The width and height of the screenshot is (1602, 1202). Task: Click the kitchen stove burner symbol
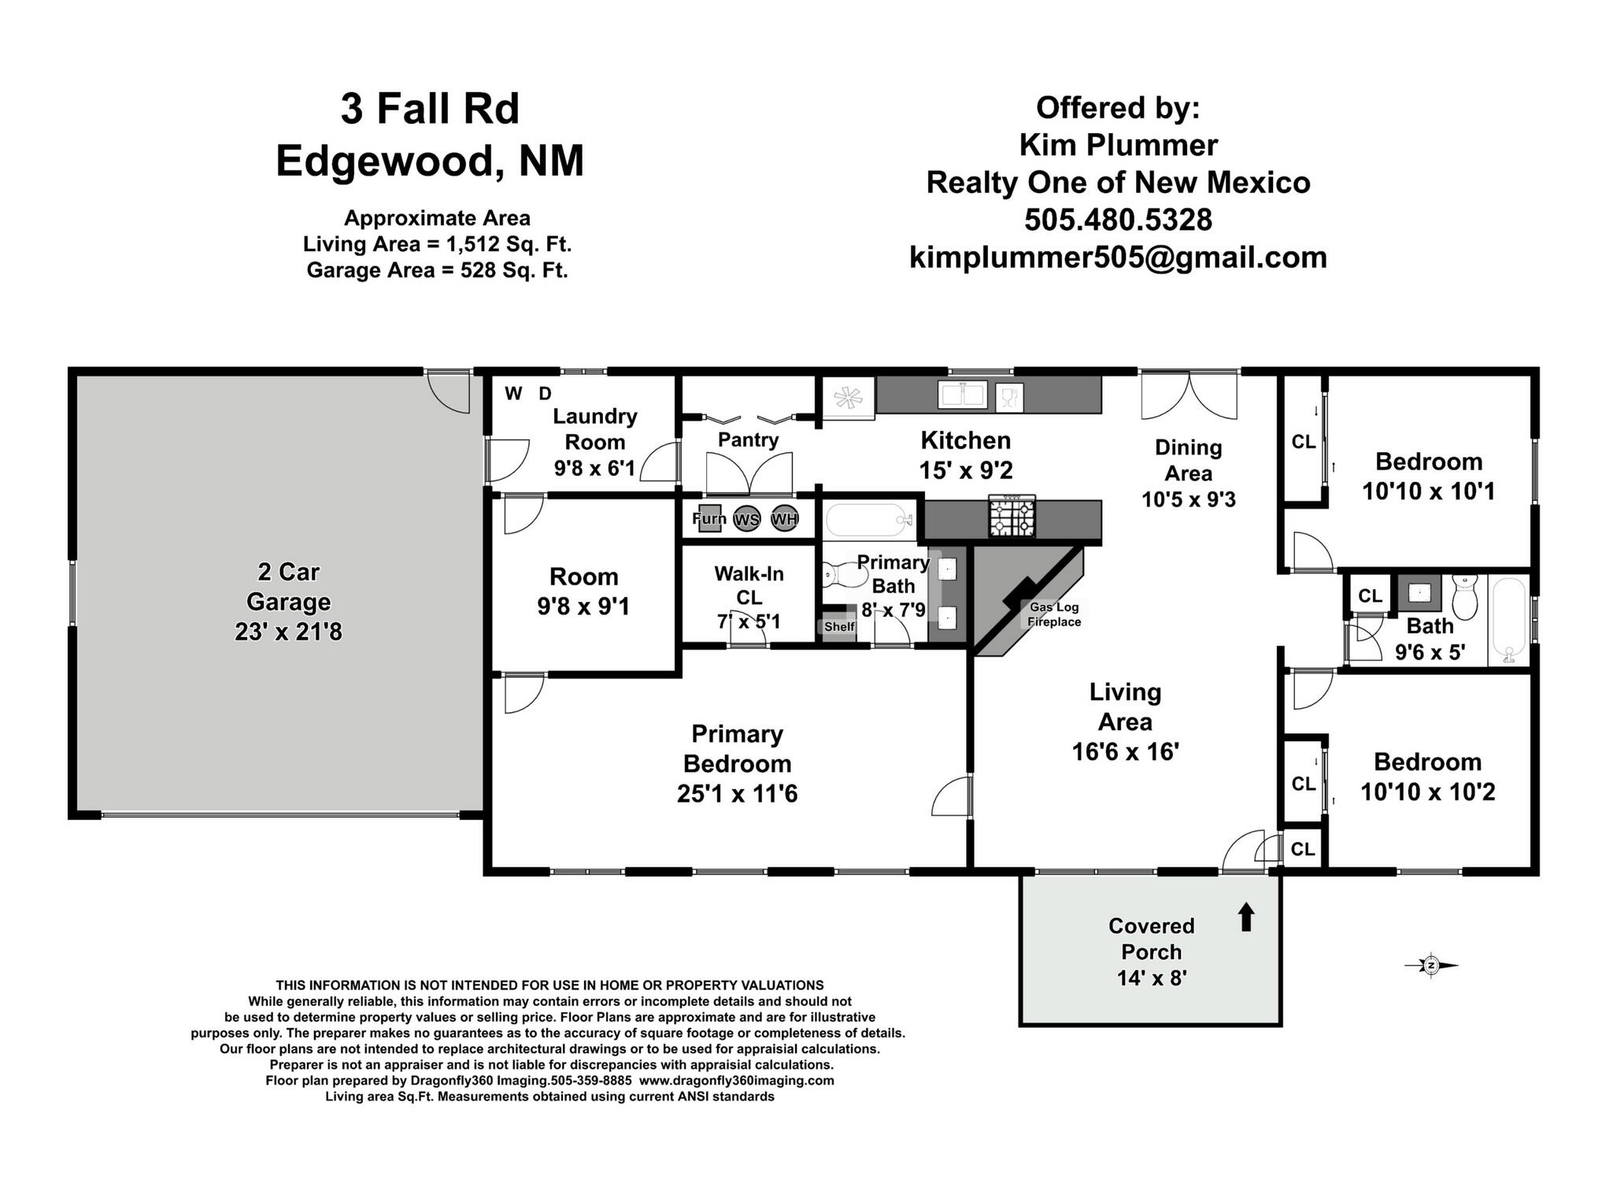(1012, 517)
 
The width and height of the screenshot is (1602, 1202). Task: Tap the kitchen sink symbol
(963, 395)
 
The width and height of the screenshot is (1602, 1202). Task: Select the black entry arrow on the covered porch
(1246, 917)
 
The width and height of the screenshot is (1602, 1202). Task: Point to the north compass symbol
(1431, 966)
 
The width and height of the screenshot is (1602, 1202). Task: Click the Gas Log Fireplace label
(1054, 614)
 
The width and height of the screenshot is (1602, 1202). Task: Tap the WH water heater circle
(784, 518)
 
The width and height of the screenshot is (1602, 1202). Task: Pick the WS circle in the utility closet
(746, 519)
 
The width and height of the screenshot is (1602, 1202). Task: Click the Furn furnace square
(710, 518)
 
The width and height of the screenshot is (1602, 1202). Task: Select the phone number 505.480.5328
(1118, 220)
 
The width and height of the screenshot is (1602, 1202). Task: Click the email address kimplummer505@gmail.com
(1118, 258)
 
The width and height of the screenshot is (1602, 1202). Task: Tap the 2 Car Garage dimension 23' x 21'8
(288, 632)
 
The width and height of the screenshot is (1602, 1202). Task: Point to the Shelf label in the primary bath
(839, 627)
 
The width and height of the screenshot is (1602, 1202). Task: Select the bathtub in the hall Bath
(1508, 621)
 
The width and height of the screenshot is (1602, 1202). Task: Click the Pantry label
(748, 440)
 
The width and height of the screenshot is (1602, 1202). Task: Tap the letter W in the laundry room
(513, 394)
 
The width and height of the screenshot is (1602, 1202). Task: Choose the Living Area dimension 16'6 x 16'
(1125, 751)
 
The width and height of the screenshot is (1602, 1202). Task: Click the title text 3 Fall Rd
(430, 109)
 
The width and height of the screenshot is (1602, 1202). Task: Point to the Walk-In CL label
(749, 585)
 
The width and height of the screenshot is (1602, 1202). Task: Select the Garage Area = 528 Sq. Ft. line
(437, 270)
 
